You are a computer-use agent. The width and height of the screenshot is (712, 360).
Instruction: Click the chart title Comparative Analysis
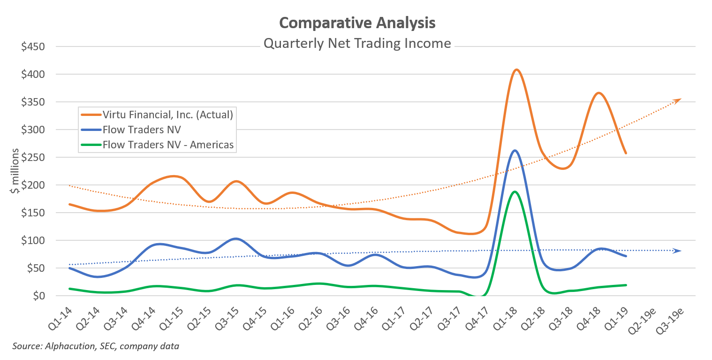click(357, 23)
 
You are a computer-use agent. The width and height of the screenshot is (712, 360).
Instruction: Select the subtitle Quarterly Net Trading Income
click(357, 44)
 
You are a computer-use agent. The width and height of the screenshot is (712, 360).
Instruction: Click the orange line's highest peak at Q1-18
click(516, 70)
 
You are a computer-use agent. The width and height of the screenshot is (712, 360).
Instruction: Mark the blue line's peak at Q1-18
click(515, 150)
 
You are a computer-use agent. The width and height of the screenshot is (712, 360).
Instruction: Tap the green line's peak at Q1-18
click(515, 191)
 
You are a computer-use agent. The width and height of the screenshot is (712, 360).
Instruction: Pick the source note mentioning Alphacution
click(96, 346)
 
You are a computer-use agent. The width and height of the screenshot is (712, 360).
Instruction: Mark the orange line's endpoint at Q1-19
click(626, 153)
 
